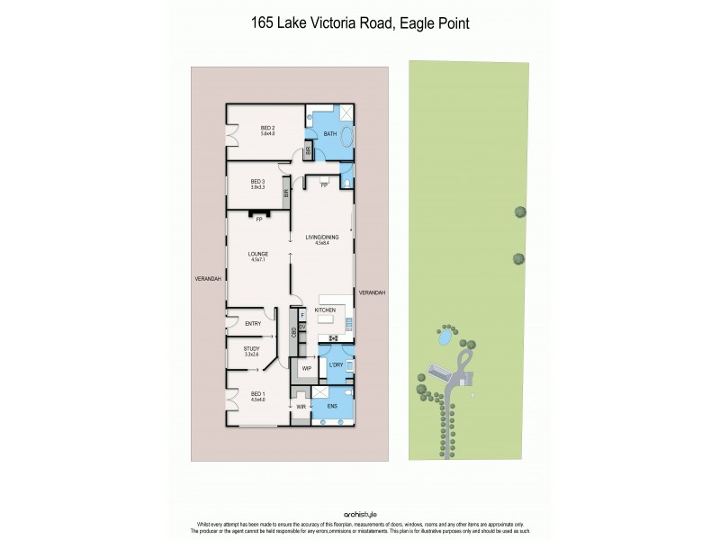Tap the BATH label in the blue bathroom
330,134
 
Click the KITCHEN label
325,310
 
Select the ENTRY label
253,323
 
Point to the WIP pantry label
306,368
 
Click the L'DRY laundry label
337,364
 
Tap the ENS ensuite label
330,408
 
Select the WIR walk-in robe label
301,408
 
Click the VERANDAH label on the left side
207,279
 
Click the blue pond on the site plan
443,337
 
